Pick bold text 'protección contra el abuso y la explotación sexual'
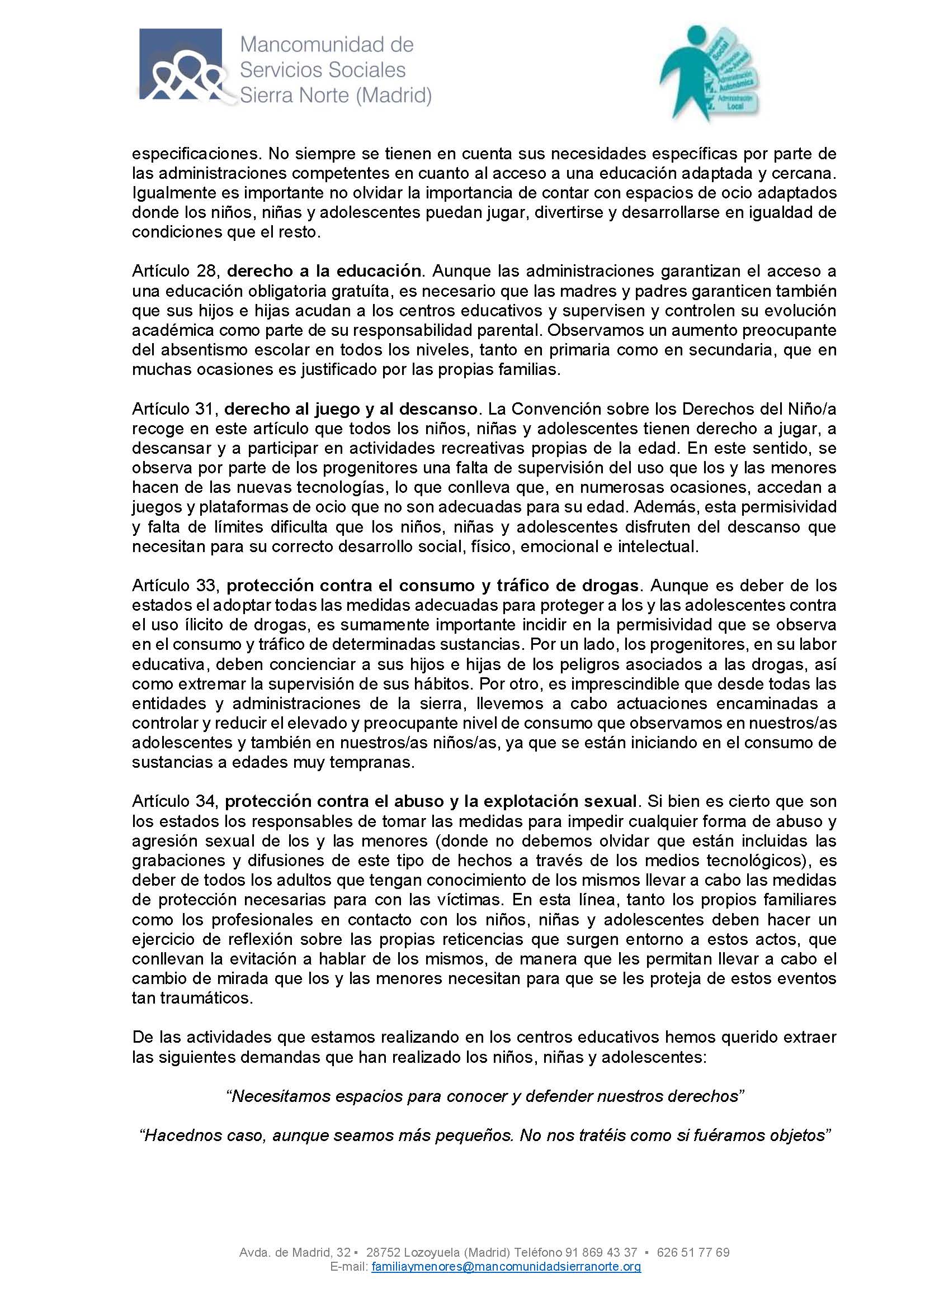[431, 801]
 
